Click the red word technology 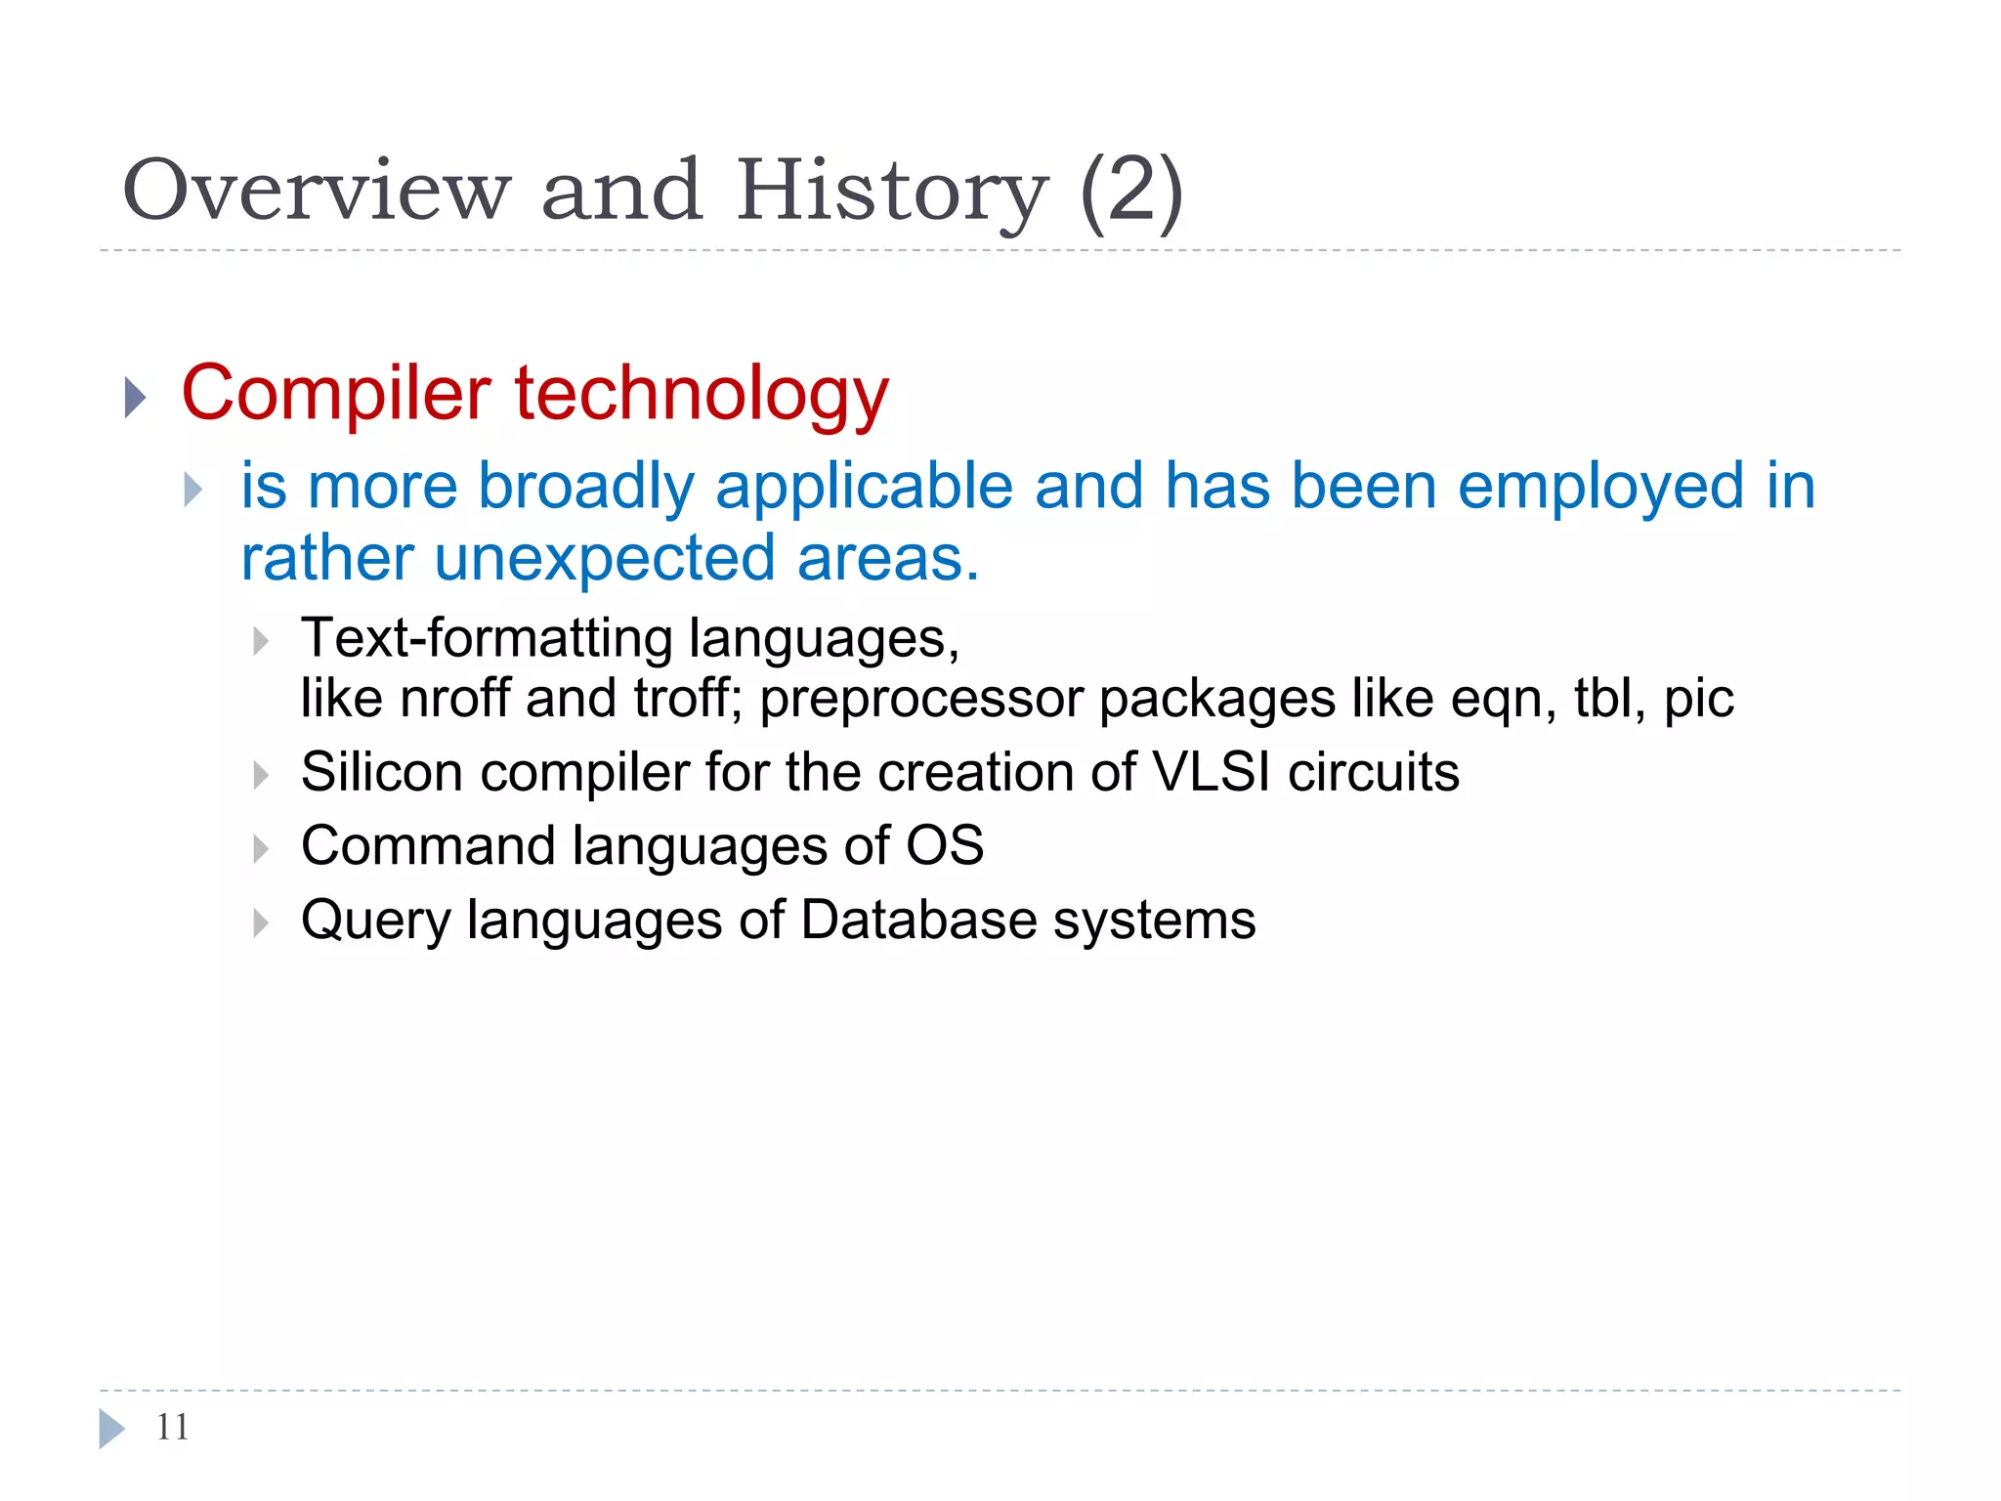[702, 394]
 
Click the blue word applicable [864, 486]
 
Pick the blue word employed [1600, 486]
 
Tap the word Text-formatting [487, 638]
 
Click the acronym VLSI [1212, 772]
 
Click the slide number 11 [172, 1428]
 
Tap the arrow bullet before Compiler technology [136, 397]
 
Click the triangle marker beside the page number [111, 1429]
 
